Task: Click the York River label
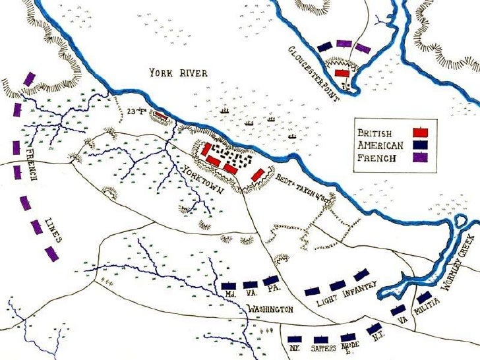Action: pyautogui.click(x=177, y=73)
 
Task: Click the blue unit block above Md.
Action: pyautogui.click(x=229, y=285)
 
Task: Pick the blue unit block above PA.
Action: pyautogui.click(x=270, y=281)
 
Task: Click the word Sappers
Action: pyautogui.click(x=324, y=347)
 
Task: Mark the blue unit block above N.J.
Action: pyautogui.click(x=374, y=328)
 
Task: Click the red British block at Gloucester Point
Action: pyautogui.click(x=342, y=73)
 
